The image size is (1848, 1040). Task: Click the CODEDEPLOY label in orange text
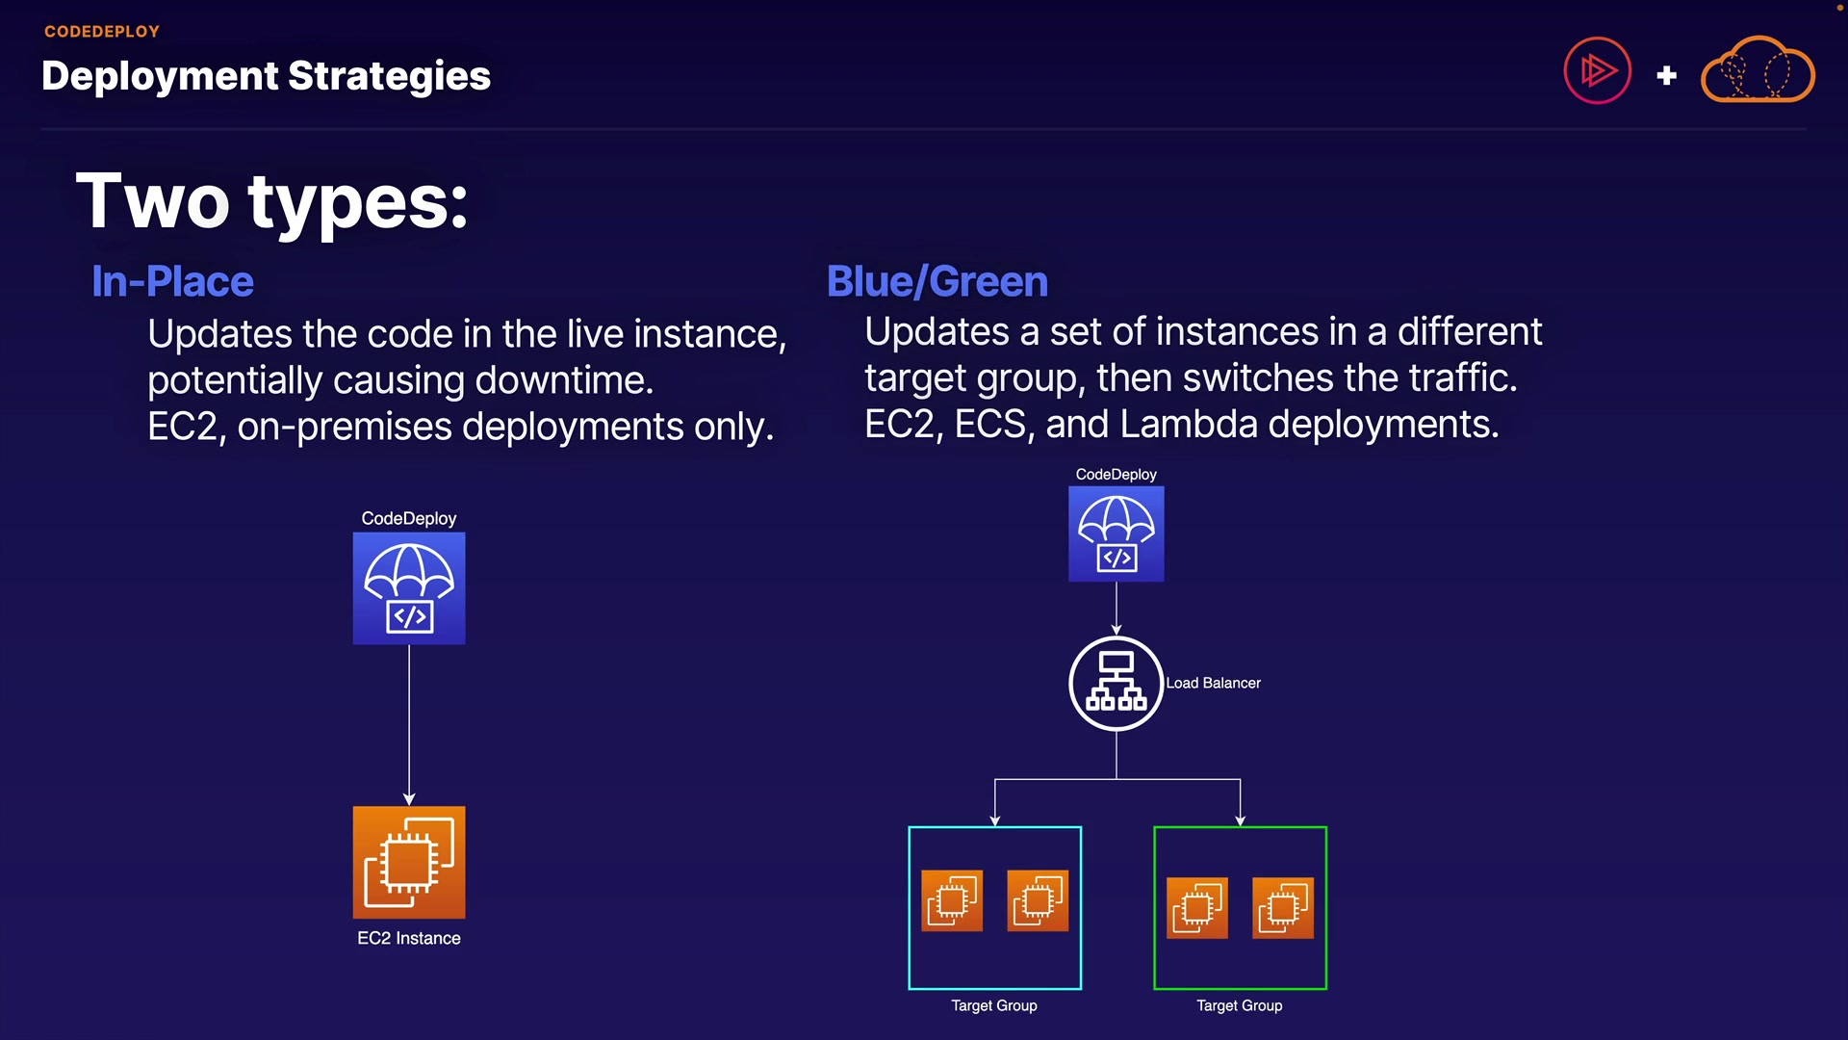[102, 32]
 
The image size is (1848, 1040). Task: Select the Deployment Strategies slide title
[266, 76]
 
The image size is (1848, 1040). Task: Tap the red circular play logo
[1597, 70]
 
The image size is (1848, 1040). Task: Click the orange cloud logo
[1758, 70]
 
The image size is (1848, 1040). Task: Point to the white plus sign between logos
[1667, 75]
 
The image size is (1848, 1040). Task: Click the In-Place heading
[172, 281]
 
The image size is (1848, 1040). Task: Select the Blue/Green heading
[937, 281]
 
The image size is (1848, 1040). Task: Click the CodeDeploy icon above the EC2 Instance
[409, 588]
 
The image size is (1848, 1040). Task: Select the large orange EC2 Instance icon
[409, 862]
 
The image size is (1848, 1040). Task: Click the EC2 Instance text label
[409, 938]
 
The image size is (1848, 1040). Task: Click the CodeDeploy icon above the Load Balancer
[1116, 533]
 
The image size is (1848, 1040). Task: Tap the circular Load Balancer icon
[1116, 683]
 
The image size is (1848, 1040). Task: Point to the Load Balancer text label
[1213, 683]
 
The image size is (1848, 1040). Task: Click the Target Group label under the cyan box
[994, 1005]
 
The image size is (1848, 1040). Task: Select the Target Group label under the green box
[1239, 1005]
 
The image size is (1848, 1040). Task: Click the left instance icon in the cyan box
[952, 900]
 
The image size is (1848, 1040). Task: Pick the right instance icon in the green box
[1282, 907]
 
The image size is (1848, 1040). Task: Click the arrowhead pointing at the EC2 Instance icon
[409, 798]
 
